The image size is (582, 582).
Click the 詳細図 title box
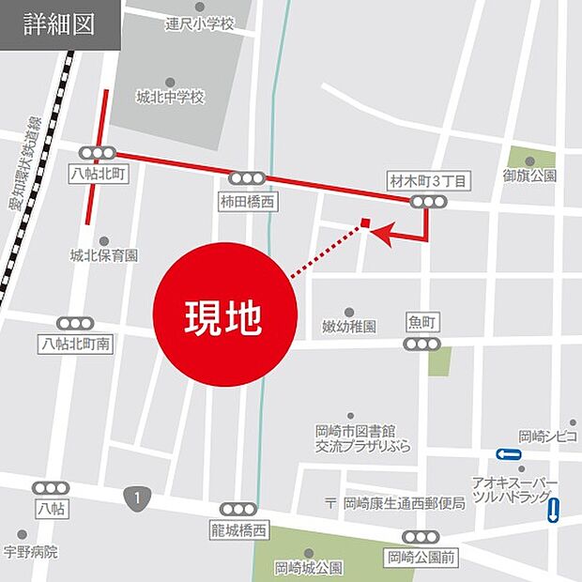pos(59,24)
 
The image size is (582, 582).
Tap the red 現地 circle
pos(224,314)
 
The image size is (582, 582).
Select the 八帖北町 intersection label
pos(97,175)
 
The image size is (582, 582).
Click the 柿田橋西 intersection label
pos(248,200)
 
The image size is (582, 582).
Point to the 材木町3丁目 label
pos(427,180)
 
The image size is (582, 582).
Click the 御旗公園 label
pos(528,176)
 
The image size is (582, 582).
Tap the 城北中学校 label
pos(170,98)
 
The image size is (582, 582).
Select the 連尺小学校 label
pos(200,23)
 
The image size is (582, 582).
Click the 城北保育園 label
pos(103,255)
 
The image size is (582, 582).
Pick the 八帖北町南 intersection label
pos(75,345)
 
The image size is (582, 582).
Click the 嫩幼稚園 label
pos(349,327)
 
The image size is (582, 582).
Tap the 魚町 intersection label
pos(422,322)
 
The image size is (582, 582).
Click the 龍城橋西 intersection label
pos(237,530)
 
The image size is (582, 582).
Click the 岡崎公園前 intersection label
pos(421,558)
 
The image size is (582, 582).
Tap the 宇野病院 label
pos(30,552)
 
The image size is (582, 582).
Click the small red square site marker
pos(365,224)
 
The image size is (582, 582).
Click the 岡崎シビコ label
pos(548,436)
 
